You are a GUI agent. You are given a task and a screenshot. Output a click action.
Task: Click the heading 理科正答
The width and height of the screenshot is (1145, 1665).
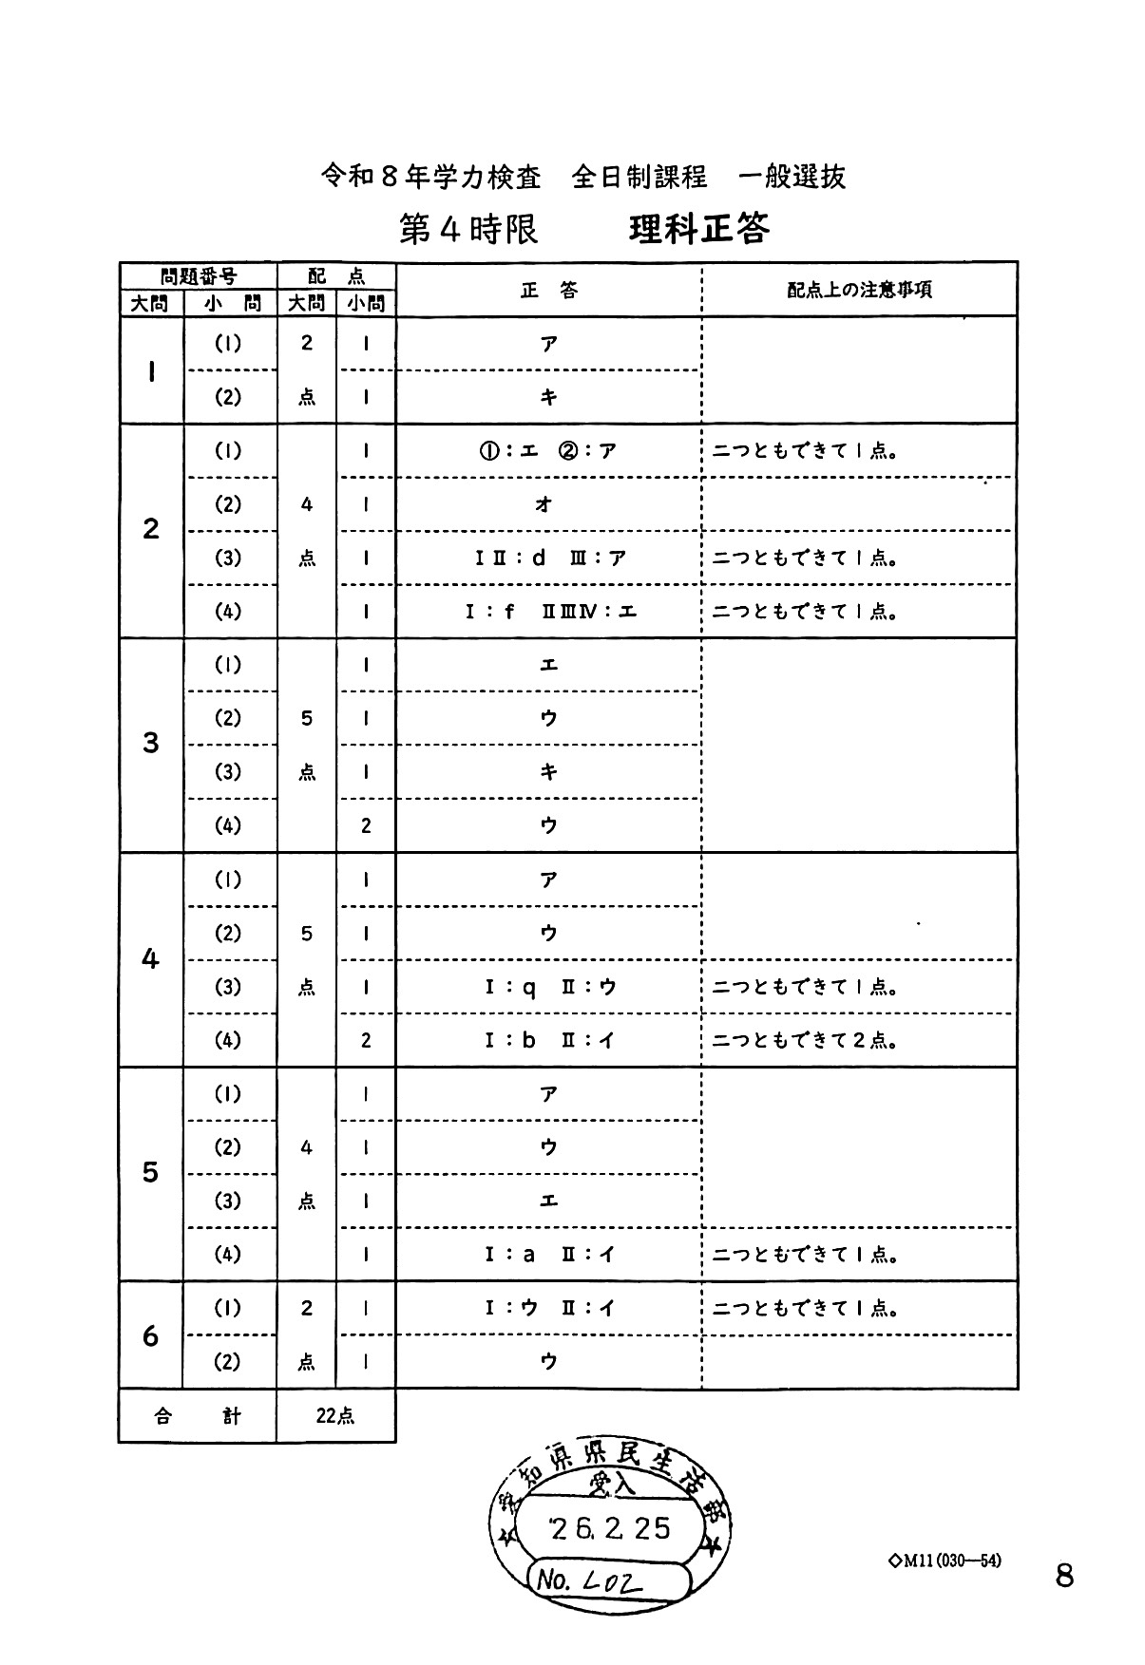coord(698,229)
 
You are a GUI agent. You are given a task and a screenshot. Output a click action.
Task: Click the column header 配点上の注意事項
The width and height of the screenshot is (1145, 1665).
coord(859,290)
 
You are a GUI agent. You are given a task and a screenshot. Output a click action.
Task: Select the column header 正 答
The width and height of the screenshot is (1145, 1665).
coord(548,290)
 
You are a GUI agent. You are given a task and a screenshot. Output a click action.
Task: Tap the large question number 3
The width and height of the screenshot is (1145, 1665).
coord(150,743)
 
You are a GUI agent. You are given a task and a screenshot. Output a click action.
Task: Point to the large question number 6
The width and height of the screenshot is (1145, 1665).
coord(150,1335)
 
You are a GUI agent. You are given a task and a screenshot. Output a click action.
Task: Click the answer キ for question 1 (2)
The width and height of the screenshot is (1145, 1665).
coord(548,398)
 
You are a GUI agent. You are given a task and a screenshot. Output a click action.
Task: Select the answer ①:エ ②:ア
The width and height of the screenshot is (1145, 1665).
coord(548,451)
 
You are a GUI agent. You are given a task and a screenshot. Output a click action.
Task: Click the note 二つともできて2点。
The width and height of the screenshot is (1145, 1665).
coord(805,1041)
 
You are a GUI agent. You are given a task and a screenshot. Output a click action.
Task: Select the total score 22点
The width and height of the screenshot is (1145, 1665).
coord(334,1415)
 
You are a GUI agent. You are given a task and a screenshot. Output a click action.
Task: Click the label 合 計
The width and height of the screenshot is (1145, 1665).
coord(198,1415)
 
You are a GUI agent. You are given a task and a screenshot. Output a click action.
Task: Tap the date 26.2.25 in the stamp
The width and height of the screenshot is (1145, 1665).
coord(611,1528)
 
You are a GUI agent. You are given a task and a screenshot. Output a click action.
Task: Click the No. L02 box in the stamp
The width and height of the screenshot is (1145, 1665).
coord(608,1580)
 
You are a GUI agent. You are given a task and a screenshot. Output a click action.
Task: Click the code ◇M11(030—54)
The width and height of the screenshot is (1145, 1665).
coord(945,1561)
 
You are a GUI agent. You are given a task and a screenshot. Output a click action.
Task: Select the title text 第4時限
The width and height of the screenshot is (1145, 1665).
coord(468,229)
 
